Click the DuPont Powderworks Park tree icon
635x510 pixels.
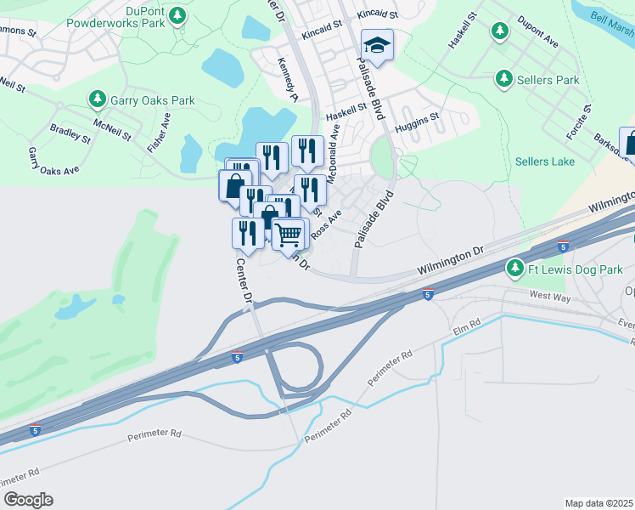coord(177,15)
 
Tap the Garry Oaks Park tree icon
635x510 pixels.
coord(98,100)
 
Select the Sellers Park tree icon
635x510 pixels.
coord(504,80)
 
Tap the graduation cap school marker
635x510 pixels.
coord(377,44)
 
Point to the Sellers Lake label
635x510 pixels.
coord(544,161)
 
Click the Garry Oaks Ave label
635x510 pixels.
coord(53,161)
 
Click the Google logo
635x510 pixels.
coord(28,499)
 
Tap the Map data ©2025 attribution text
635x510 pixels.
coord(598,502)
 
